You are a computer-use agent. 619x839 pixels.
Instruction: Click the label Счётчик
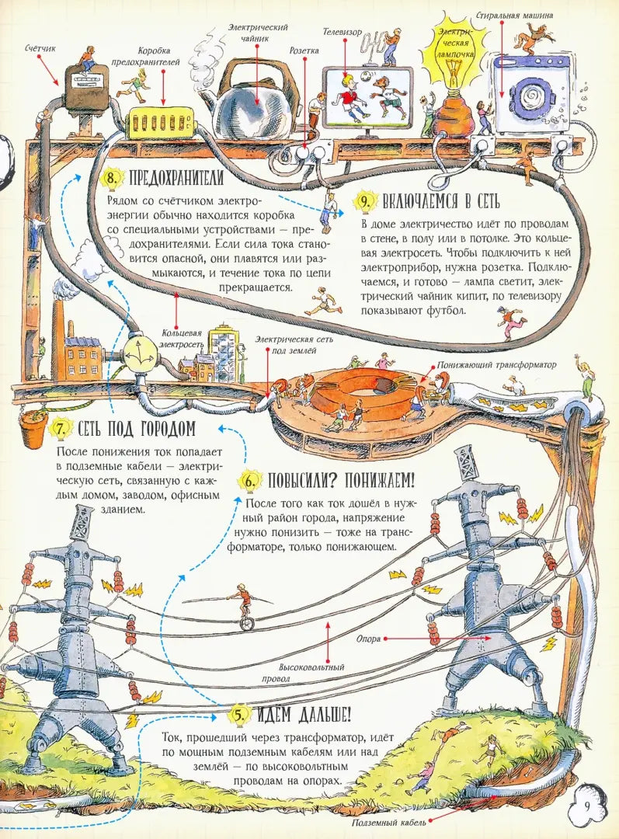tap(39, 48)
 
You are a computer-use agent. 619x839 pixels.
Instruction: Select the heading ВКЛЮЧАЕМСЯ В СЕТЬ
tap(441, 203)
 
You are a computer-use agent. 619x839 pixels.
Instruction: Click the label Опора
tap(368, 639)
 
